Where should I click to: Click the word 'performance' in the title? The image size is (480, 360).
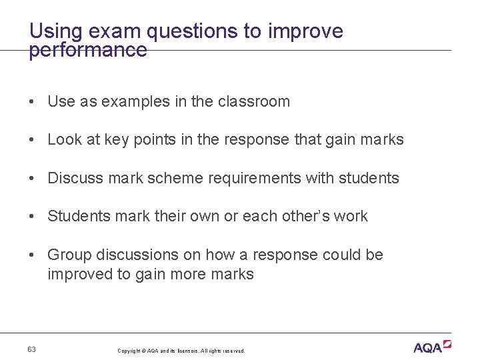pyautogui.click(x=87, y=51)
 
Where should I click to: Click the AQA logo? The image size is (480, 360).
pyautogui.click(x=432, y=347)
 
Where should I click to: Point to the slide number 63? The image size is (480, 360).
pyautogui.click(x=32, y=350)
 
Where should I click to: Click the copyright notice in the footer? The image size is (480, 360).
pyautogui.click(x=181, y=351)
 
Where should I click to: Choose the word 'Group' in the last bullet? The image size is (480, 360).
pyautogui.click(x=69, y=255)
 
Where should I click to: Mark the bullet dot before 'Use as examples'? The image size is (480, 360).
pyautogui.click(x=31, y=102)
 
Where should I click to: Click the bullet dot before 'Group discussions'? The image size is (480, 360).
pyautogui.click(x=31, y=255)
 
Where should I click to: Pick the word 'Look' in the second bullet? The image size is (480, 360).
pyautogui.click(x=65, y=140)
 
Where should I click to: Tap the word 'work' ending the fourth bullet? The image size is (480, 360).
pyautogui.click(x=351, y=217)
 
